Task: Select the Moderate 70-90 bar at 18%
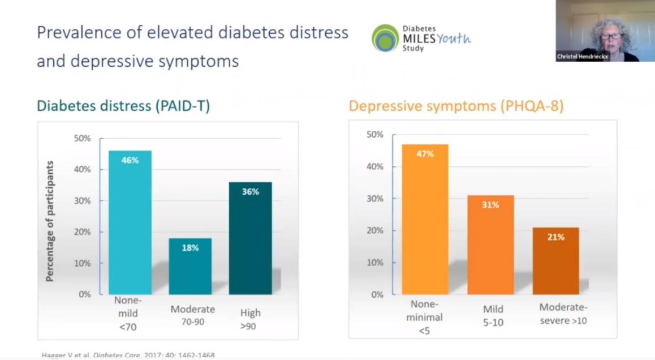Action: pyautogui.click(x=190, y=266)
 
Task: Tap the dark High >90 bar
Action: pyautogui.click(x=250, y=238)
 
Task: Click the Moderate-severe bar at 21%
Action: pyautogui.click(x=555, y=260)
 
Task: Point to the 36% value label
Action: pyautogui.click(x=250, y=192)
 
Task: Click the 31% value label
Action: pyautogui.click(x=490, y=205)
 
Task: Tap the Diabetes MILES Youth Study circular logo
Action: pyautogui.click(x=385, y=38)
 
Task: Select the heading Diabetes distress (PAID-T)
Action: pyautogui.click(x=123, y=106)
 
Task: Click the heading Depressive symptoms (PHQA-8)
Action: pyautogui.click(x=456, y=106)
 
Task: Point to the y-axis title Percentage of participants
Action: pyautogui.click(x=50, y=221)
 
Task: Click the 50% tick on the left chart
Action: pyautogui.click(x=83, y=138)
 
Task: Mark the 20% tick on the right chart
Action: pyautogui.click(x=376, y=230)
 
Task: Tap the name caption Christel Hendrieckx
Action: pyautogui.click(x=583, y=57)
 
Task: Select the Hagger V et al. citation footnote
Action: pyautogui.click(x=128, y=355)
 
